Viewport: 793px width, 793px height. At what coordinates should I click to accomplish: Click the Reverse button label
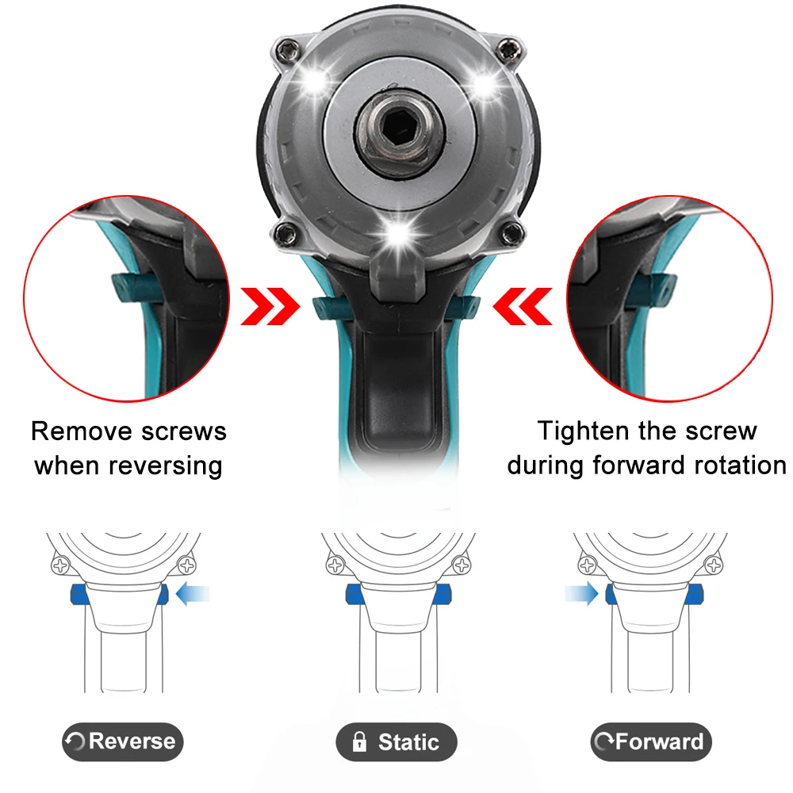coord(122,742)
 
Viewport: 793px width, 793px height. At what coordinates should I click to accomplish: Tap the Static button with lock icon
coord(396,742)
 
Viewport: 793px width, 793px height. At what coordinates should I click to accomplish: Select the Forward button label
coord(651,742)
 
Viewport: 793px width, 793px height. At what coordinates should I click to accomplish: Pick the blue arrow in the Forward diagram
coord(580,593)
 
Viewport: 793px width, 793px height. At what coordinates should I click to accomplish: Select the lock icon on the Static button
coord(359,742)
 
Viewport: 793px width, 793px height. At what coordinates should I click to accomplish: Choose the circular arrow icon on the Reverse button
coord(77,743)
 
